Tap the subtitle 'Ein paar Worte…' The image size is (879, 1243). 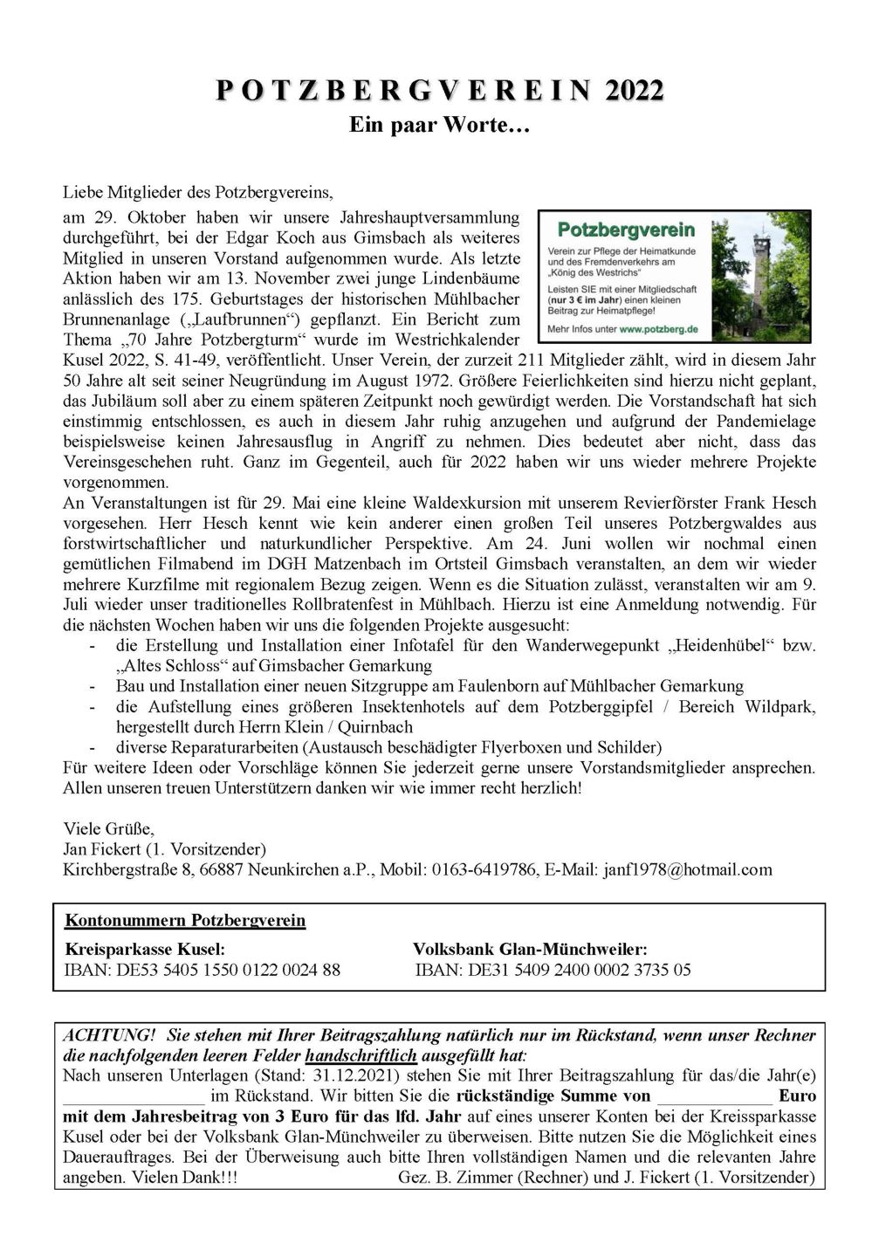(439, 125)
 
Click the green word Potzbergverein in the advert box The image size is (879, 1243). (626, 230)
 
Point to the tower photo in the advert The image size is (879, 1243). (760, 275)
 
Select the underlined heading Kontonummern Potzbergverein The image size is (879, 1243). (186, 920)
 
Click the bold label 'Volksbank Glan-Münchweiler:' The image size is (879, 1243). (530, 949)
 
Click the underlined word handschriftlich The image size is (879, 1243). (361, 1055)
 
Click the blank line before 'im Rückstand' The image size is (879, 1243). (134, 1097)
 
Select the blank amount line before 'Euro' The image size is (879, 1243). (714, 1097)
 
